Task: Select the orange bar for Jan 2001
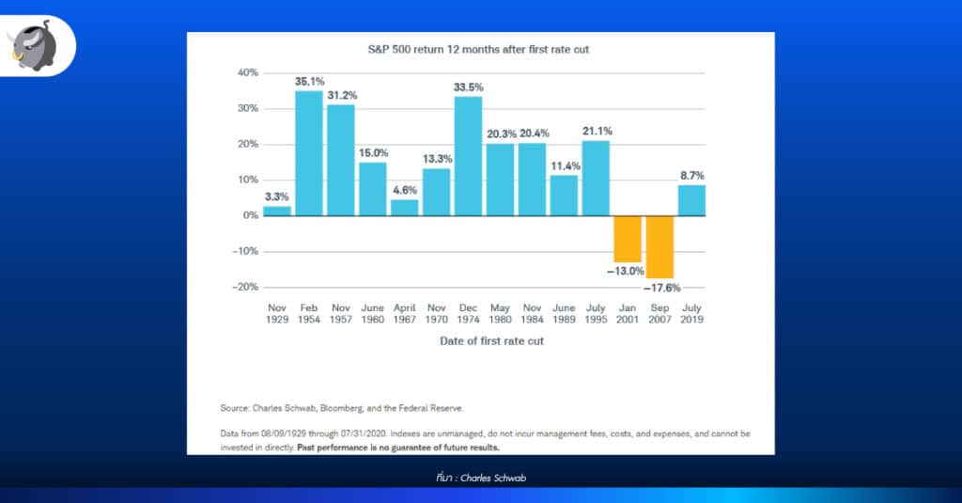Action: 628,239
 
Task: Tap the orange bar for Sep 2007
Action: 659,247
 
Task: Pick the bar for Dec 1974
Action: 468,156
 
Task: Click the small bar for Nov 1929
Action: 277,211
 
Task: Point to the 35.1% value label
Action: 309,82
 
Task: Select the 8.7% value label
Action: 691,175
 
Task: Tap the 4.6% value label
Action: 404,190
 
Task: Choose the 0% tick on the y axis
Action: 249,215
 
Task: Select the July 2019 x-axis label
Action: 691,313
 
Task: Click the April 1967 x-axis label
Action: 404,313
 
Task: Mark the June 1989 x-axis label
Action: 564,313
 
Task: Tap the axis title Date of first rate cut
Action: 491,341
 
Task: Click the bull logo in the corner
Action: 38,43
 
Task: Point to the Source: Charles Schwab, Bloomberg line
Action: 343,408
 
